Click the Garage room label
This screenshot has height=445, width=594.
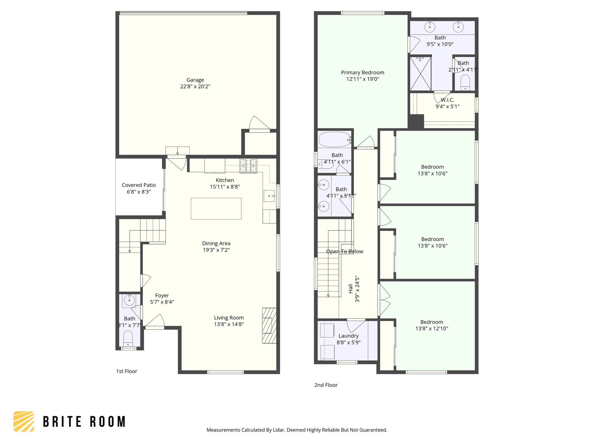pos(195,80)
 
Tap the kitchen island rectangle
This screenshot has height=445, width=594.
pos(216,209)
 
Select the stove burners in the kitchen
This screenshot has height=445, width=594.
pos(248,166)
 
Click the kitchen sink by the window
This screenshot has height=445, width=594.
pos(269,196)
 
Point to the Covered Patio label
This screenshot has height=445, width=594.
pos(139,185)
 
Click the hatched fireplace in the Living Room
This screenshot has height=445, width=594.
pos(269,326)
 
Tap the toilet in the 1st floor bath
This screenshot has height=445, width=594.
pos(128,338)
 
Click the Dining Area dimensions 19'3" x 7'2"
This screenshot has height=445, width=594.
pos(216,250)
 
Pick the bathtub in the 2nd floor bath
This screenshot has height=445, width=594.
pos(334,140)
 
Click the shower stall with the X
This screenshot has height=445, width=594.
pos(420,74)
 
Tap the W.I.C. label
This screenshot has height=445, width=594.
pos(447,100)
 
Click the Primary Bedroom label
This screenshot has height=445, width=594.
pos(363,72)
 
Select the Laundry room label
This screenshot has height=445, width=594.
pos(348,336)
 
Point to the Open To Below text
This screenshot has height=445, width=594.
pos(345,251)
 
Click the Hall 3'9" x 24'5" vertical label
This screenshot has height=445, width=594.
pos(354,289)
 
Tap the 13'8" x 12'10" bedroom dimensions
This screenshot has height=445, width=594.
pos(432,329)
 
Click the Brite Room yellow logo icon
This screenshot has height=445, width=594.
pos(24,421)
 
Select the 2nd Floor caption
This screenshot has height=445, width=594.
pos(326,385)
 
